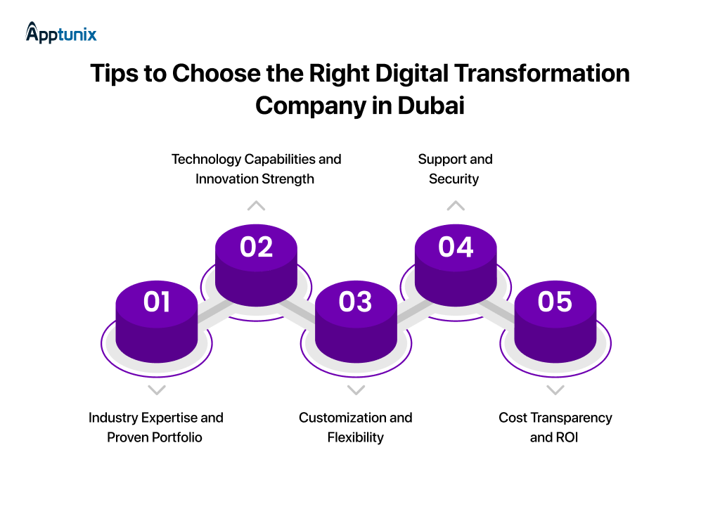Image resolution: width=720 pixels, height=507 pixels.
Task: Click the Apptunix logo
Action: coord(61,32)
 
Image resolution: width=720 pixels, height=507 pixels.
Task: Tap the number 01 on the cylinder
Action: coord(156,302)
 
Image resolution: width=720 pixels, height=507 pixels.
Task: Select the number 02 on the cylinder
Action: coord(256,247)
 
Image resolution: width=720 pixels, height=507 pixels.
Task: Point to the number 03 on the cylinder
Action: coord(355,302)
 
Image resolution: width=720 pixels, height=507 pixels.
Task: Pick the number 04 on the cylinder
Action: coord(456,247)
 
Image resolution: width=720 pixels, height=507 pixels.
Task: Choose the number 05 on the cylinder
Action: coord(555,302)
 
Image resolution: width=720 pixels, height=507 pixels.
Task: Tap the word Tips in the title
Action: coord(115,73)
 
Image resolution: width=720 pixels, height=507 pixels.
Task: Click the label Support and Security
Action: coord(455,169)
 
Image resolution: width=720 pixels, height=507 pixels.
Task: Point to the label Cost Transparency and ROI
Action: coord(555,427)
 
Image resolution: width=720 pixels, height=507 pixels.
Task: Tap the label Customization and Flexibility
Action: coord(355,427)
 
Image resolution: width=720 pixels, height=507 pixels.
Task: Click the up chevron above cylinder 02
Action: coord(256,206)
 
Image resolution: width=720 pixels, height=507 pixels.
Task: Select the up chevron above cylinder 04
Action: coord(456,206)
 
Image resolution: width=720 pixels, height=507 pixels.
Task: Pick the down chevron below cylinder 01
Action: coord(157,390)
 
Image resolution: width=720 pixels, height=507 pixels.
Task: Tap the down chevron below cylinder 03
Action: coord(356,390)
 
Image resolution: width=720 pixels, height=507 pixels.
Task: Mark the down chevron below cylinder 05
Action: coord(555,390)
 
